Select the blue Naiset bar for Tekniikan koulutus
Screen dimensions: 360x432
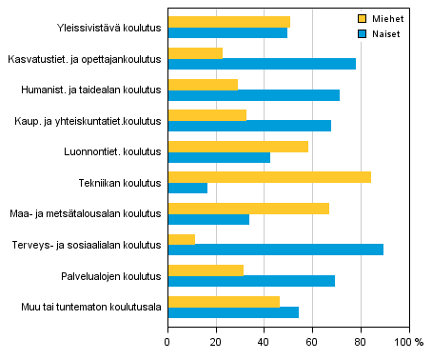point(187,188)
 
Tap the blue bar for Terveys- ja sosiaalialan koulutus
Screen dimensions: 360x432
point(276,250)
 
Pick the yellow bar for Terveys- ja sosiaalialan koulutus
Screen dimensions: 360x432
point(182,239)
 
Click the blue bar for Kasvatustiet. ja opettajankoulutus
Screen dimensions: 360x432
point(262,64)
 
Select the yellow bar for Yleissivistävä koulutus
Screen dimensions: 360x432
point(229,22)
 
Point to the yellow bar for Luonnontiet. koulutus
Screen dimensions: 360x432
point(238,146)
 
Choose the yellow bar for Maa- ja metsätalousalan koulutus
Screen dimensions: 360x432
point(248,208)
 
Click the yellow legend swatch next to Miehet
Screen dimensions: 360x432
point(362,18)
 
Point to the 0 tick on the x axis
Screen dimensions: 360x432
point(167,341)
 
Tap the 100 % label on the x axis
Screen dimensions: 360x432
point(409,341)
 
